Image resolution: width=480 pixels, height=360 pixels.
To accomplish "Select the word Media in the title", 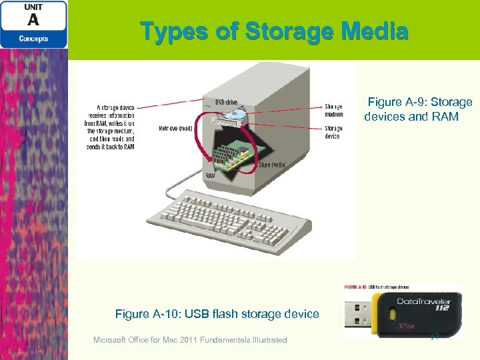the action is (x=377, y=31).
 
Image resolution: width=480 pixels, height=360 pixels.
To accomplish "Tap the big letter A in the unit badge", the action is (x=33, y=21).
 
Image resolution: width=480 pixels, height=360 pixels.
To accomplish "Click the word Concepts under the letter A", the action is (x=33, y=39).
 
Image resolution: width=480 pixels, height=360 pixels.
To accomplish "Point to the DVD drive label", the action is (x=226, y=102).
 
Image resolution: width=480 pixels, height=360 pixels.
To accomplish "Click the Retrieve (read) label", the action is (x=176, y=128).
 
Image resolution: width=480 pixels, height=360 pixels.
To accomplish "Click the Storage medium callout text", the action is (x=333, y=110).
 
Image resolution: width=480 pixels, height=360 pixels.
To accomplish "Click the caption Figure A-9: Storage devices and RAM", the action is (x=418, y=109).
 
